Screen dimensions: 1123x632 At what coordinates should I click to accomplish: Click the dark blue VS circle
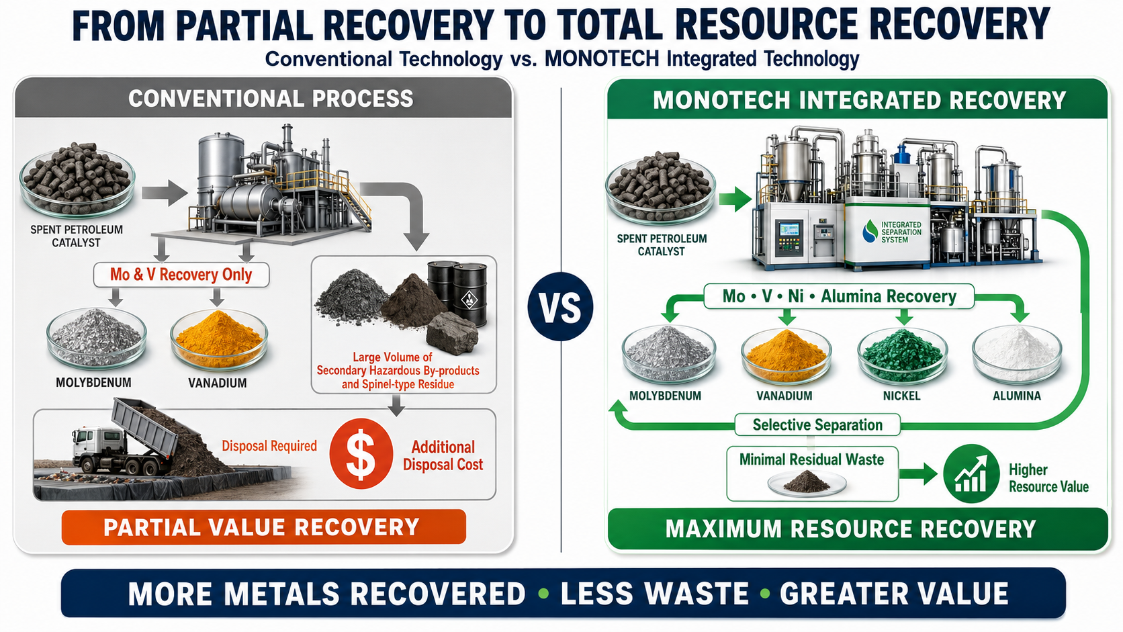(560, 307)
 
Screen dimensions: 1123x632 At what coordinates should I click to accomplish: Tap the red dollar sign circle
(361, 453)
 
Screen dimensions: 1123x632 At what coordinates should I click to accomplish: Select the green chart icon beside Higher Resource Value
(971, 473)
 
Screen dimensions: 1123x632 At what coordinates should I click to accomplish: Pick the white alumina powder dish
(1017, 355)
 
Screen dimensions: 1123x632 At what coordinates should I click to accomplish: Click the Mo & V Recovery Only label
(181, 275)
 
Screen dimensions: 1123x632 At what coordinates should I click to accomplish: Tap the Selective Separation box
(817, 425)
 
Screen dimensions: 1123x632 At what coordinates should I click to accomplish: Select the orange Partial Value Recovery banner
(264, 527)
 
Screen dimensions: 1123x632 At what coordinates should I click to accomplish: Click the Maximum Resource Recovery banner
(857, 529)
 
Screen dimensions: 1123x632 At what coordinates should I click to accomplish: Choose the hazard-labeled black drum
(469, 295)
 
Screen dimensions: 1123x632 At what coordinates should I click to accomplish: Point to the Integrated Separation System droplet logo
(870, 232)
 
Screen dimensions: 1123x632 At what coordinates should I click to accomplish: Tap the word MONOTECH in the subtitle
(602, 59)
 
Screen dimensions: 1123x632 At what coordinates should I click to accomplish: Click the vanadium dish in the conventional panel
(218, 339)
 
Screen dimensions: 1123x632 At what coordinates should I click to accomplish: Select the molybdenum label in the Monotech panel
(665, 396)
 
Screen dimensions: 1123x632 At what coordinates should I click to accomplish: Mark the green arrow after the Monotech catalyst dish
(735, 199)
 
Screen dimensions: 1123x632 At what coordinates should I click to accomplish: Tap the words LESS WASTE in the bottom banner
(654, 594)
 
